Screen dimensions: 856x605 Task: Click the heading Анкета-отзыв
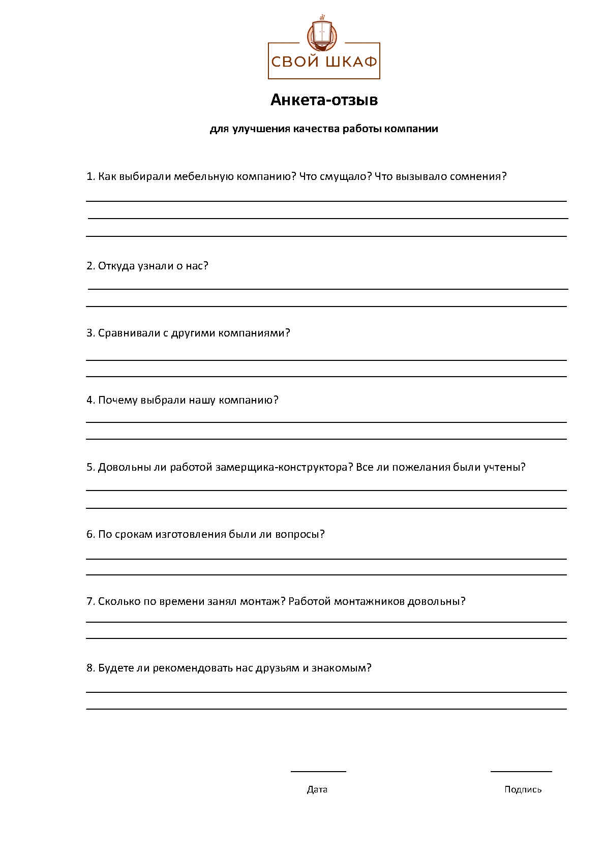(x=324, y=100)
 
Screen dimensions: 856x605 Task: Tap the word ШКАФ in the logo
(x=350, y=62)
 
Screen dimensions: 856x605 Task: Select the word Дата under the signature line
(x=317, y=789)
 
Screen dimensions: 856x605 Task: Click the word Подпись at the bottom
(x=523, y=789)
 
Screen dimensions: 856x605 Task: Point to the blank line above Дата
(x=318, y=771)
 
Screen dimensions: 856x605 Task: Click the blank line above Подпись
(x=521, y=771)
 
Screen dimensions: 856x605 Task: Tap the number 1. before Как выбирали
(x=90, y=176)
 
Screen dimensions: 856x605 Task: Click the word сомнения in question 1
(x=478, y=176)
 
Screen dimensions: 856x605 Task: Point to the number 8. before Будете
(x=90, y=668)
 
